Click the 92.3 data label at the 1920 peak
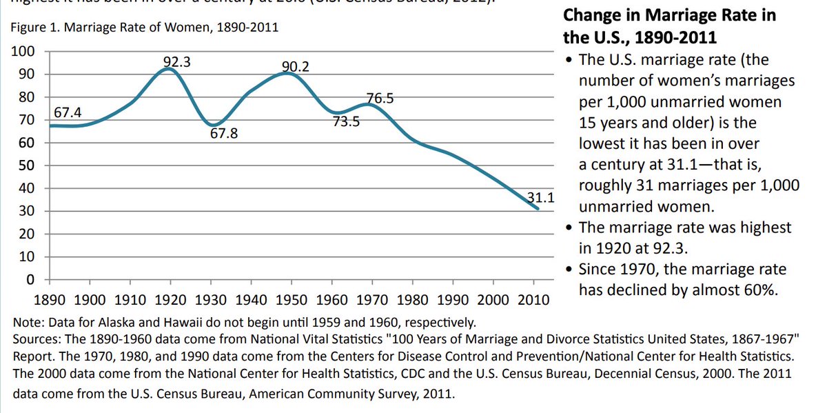coord(176,62)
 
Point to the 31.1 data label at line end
coord(541,197)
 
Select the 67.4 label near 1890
coord(67,112)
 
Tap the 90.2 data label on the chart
coord(295,67)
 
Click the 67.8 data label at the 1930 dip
coord(224,134)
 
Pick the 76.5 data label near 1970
coord(380,99)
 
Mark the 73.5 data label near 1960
coord(347,123)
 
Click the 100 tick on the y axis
coord(24,52)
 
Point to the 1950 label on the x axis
coord(292,301)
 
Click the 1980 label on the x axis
coord(413,301)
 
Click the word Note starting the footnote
coord(25,322)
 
